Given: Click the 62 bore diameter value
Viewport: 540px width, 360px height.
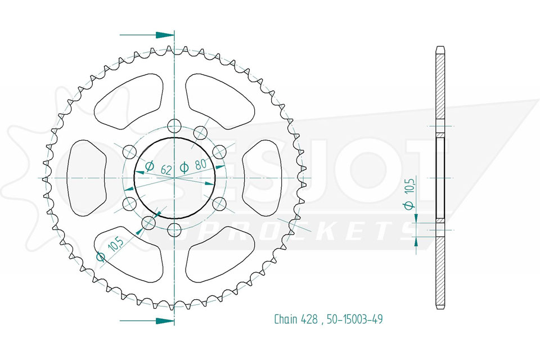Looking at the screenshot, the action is coord(166,169).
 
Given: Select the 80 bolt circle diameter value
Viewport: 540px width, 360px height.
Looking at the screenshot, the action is coord(200,164).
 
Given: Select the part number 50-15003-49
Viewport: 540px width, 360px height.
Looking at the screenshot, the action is coord(355,319).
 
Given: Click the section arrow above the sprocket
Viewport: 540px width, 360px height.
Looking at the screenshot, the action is coord(147,35).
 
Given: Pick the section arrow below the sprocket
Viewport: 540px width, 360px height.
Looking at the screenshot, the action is coord(147,321).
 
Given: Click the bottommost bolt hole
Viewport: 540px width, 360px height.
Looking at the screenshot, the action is coord(175,229).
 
